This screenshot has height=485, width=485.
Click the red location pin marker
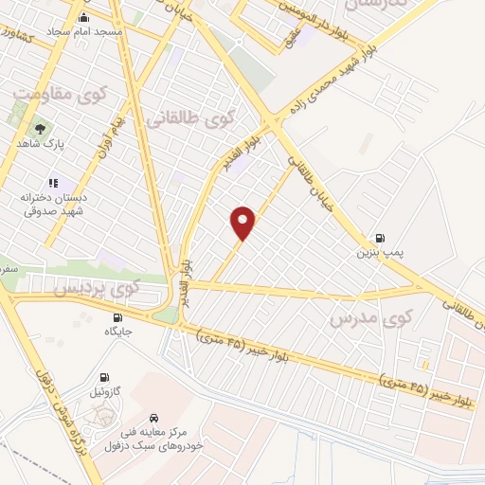click(243, 223)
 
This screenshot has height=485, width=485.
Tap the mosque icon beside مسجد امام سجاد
click(84, 17)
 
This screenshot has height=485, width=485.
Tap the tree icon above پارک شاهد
click(39, 128)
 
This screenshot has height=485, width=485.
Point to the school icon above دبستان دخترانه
click(53, 183)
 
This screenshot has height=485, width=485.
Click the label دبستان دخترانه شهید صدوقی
click(53, 205)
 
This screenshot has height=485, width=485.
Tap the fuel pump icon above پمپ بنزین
click(380, 238)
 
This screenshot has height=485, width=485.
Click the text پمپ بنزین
click(374, 253)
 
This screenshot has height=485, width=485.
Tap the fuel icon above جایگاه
click(117, 317)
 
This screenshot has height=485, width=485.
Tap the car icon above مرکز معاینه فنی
click(153, 417)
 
